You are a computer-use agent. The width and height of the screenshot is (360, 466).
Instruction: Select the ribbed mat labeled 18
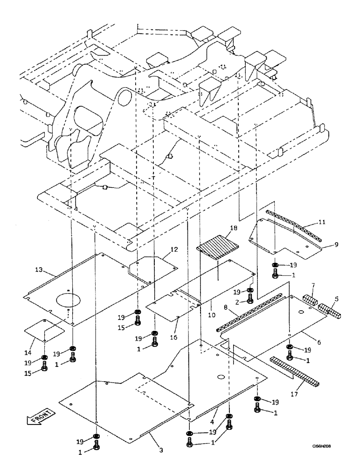(218, 248)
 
